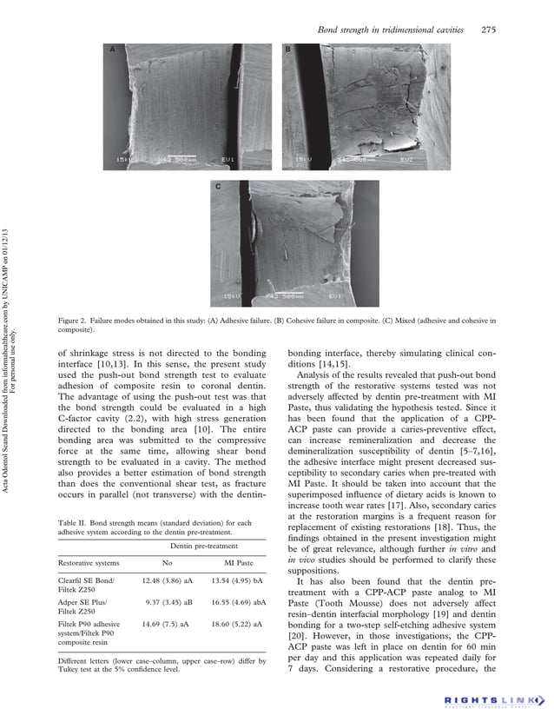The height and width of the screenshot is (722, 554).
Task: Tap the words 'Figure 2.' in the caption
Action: [x=76, y=321]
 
